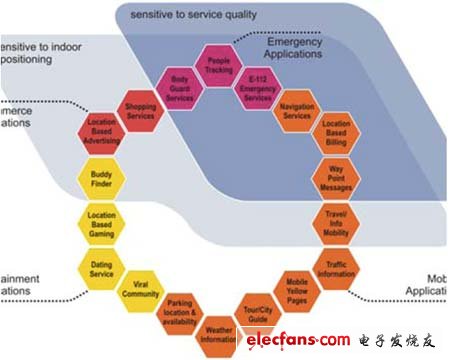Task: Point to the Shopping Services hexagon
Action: pos(141,110)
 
